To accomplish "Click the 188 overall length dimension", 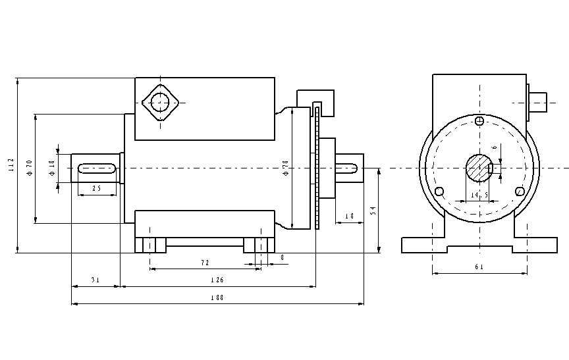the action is point(217,297).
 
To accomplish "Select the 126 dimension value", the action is point(217,280).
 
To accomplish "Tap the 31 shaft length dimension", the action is point(95,280).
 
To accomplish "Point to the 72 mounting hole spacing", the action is point(205,263).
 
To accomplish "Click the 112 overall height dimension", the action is point(11,165).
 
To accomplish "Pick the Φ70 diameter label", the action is point(30,168).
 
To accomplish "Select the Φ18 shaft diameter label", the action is point(52,168).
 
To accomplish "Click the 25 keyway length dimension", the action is point(97,188).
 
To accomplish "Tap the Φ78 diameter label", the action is point(286,168).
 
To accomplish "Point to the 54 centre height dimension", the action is point(373,211).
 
